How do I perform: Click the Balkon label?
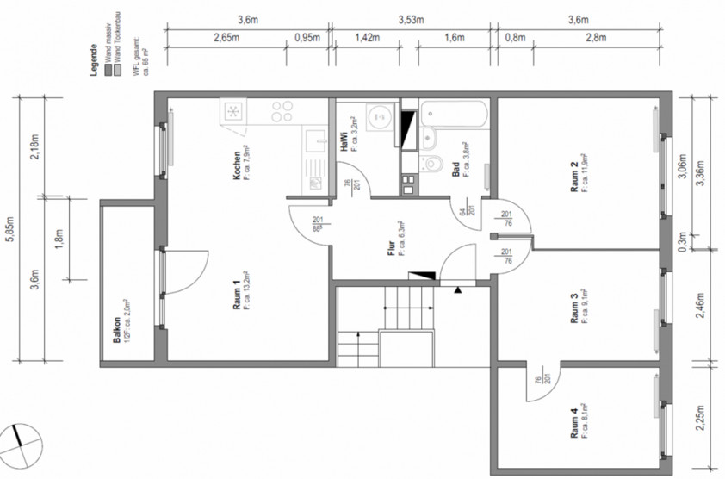116,332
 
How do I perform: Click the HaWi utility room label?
344,141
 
